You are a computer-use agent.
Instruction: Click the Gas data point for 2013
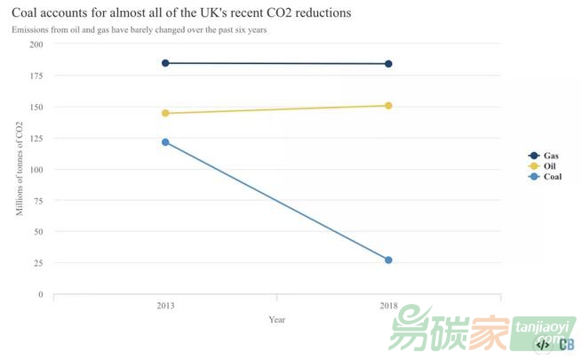(165, 63)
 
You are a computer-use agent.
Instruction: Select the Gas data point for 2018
(389, 64)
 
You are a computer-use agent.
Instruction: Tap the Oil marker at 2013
(165, 113)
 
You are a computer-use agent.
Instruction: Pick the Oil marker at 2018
(389, 106)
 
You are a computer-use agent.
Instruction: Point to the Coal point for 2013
(165, 142)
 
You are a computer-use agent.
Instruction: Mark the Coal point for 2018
(389, 260)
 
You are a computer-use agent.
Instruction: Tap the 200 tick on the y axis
(35, 44)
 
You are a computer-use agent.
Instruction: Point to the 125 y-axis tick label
(35, 138)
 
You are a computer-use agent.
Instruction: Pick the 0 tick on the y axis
(39, 294)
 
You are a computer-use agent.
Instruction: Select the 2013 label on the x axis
(165, 306)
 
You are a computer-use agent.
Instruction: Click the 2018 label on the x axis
(389, 306)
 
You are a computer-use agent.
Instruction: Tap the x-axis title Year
(277, 320)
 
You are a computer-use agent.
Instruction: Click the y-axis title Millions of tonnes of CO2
(20, 170)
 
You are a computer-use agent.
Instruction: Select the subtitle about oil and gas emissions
(139, 30)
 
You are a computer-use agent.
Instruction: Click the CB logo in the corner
(566, 344)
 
